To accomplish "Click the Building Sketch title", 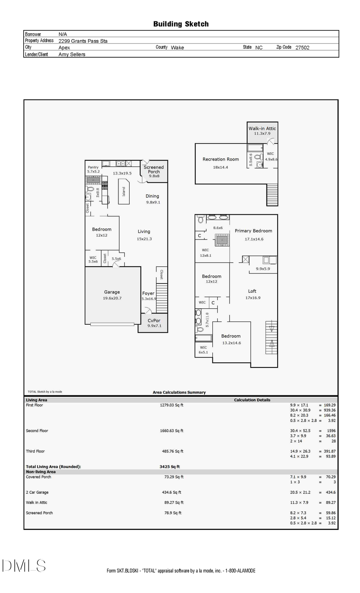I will (181, 24).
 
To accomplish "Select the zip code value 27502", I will (302, 47).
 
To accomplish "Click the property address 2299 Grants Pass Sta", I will (83, 41).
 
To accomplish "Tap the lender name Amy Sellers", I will (72, 54).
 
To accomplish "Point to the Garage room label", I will (112, 292).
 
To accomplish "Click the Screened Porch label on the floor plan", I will (154, 170).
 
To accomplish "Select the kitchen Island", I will (124, 192).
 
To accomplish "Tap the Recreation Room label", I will (220, 159).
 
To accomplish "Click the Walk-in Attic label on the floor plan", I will (262, 128).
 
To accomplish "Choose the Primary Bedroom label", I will (253, 231).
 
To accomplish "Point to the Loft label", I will (252, 291).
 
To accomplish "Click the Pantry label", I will (93, 167).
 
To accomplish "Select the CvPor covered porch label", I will (154, 320).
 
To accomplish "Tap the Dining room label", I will (152, 196).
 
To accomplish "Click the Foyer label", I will (148, 293).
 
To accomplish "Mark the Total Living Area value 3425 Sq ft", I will (170, 467).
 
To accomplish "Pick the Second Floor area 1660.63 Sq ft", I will (172, 431).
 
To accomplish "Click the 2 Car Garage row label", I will (37, 492).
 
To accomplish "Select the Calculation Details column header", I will (252, 400).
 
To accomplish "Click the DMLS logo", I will (24, 566).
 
